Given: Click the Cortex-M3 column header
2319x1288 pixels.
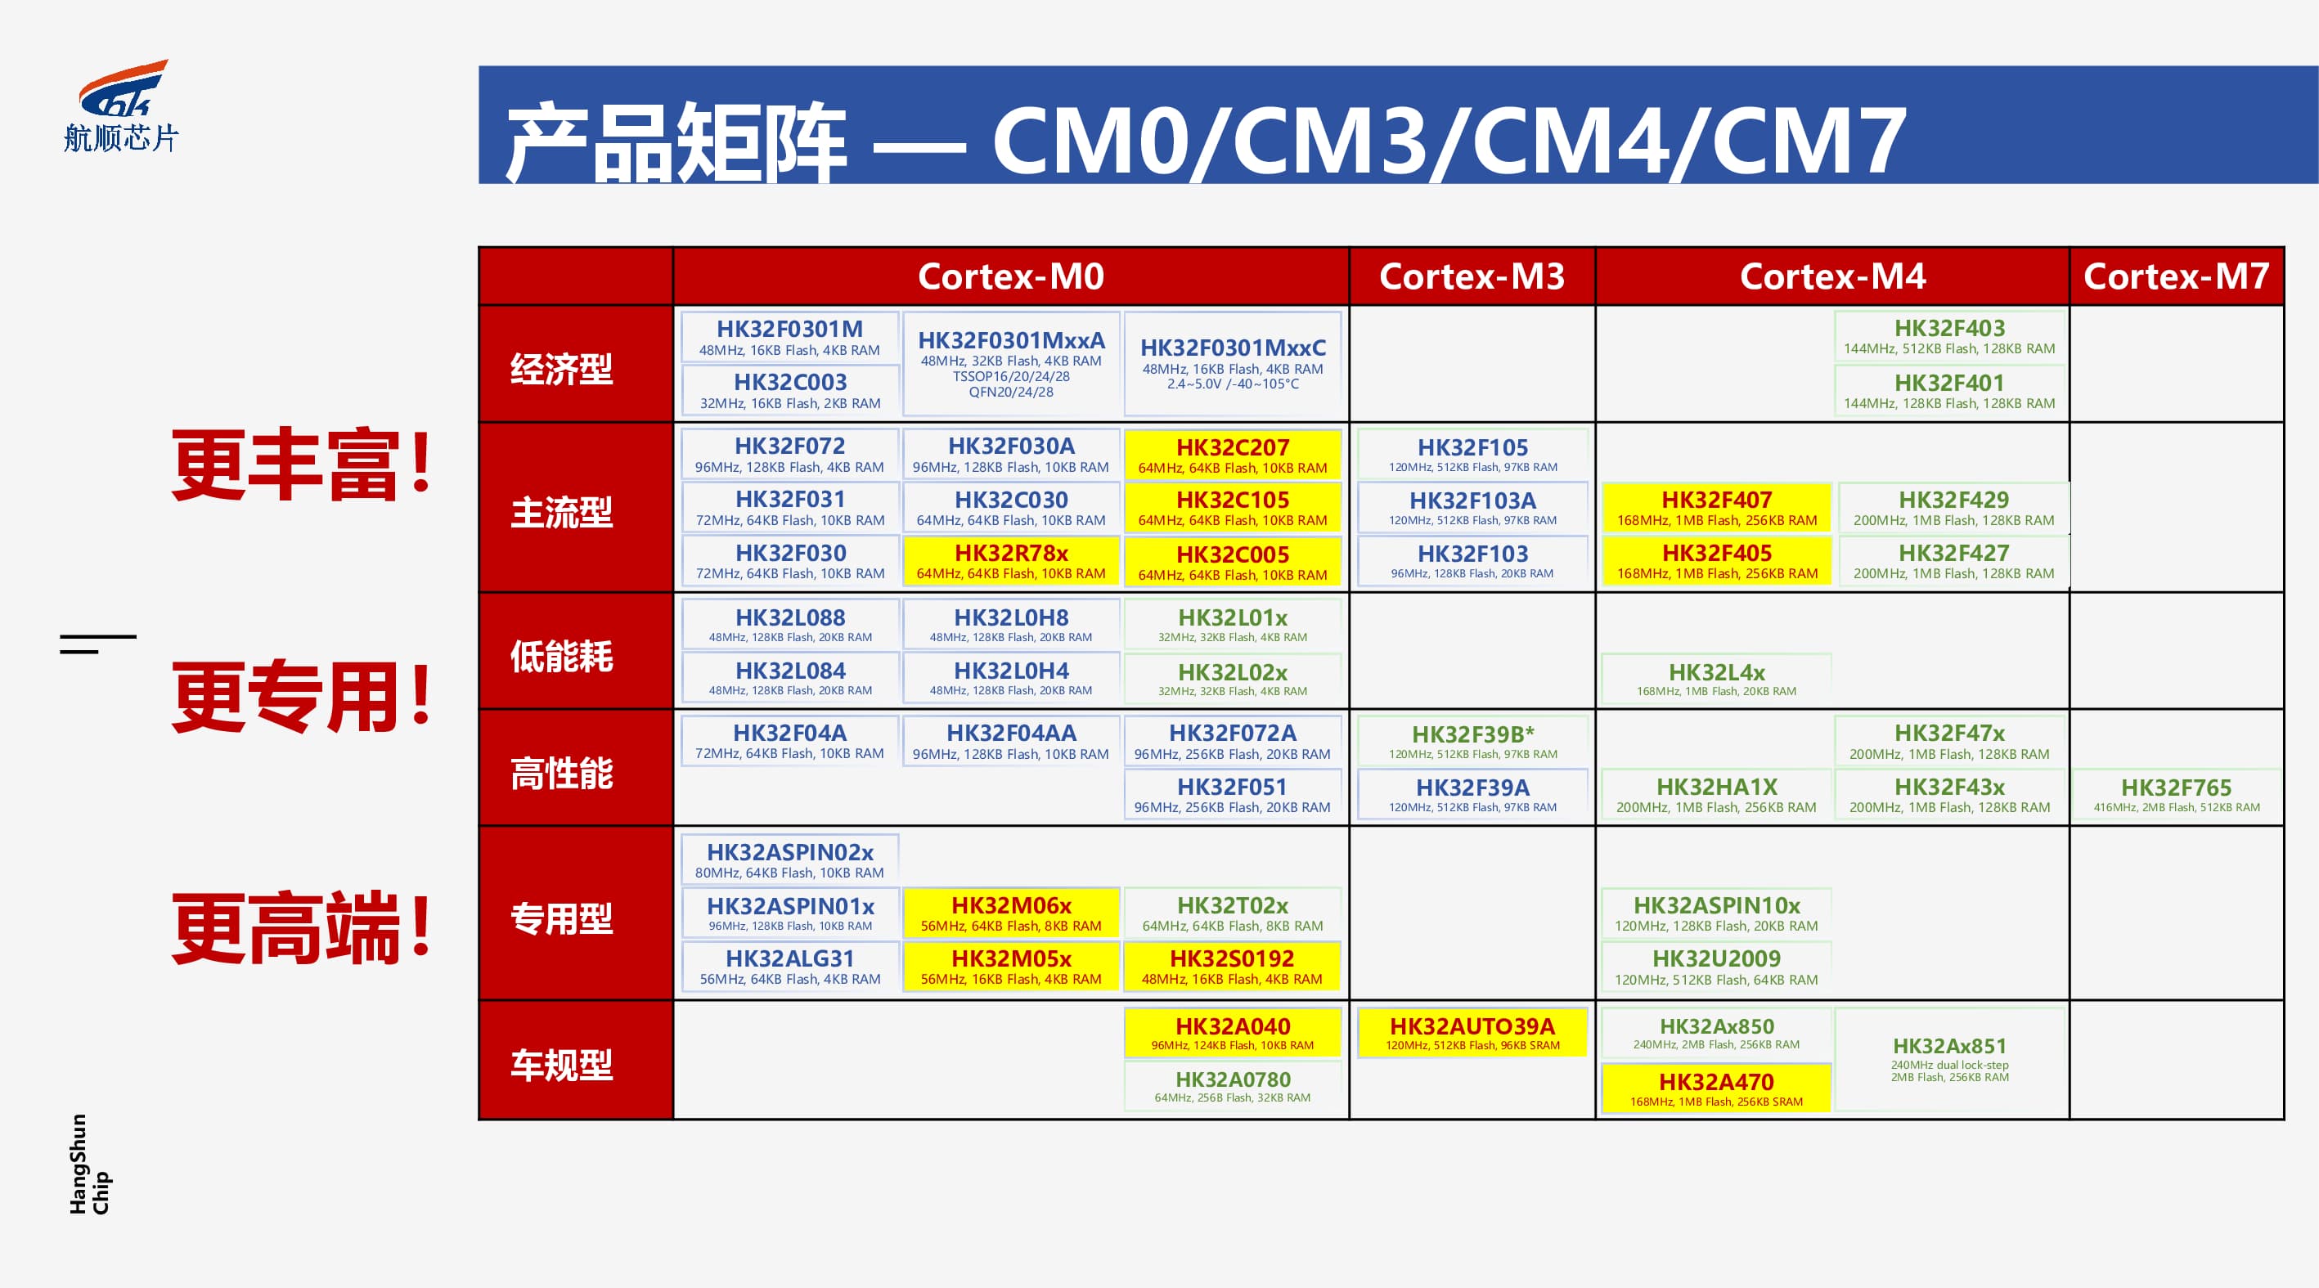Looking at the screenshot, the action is [x=1472, y=276].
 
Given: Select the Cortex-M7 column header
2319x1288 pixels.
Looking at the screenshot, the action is [x=2176, y=276].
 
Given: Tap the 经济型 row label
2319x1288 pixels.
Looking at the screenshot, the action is [x=562, y=368].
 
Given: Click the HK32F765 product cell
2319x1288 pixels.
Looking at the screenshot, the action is [x=2176, y=795].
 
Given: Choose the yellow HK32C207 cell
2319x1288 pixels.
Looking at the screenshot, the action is [x=1233, y=455].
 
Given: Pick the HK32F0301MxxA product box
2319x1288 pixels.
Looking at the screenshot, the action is [x=1011, y=364].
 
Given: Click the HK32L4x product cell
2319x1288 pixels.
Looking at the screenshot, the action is [x=1716, y=680].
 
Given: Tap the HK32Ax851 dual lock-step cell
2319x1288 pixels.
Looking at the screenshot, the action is [x=1950, y=1059].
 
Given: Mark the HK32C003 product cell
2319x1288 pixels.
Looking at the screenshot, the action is [x=790, y=391].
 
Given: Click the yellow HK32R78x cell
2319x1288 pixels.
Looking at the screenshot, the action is [x=1011, y=561].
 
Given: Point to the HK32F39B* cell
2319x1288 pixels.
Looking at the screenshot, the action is [x=1472, y=742].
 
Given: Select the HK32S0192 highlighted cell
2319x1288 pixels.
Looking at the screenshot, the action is [x=1233, y=967].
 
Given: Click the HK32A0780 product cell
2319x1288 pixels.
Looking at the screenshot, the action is [x=1233, y=1086].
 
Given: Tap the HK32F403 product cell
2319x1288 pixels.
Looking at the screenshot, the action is [x=1950, y=337].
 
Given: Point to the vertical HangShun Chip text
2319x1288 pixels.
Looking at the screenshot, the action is [x=89, y=1164].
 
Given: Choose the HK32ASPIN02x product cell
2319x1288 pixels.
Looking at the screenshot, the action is [x=790, y=860].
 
